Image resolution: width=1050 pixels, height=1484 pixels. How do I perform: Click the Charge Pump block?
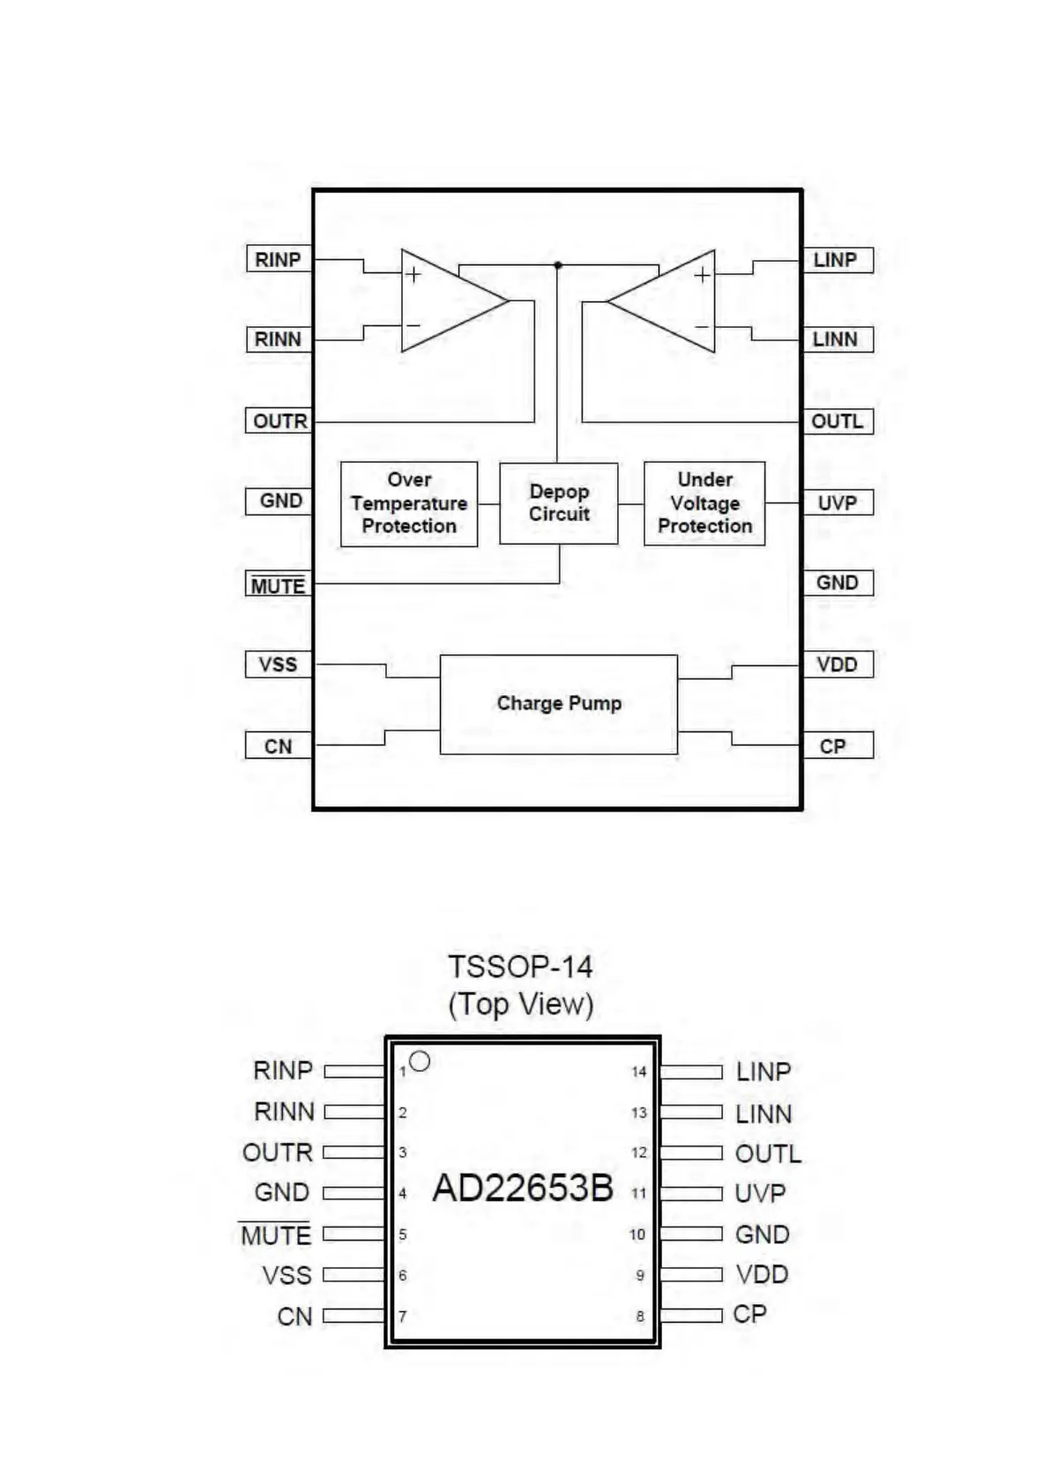(558, 704)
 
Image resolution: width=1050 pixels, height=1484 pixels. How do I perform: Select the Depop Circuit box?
(558, 503)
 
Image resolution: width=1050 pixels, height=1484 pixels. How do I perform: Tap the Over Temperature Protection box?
(409, 503)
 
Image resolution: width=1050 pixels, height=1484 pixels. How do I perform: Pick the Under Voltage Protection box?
(704, 503)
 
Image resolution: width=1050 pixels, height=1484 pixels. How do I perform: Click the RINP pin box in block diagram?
(278, 260)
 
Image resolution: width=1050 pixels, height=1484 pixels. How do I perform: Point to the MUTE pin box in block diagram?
(278, 585)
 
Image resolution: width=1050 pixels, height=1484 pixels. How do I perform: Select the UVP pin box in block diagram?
(837, 503)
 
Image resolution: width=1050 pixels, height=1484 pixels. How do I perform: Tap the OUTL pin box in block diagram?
(837, 421)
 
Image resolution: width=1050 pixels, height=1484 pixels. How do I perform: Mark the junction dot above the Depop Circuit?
(558, 264)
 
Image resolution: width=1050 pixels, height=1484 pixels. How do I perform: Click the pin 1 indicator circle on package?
(420, 1062)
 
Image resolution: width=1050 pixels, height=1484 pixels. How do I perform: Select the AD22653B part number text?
(523, 1189)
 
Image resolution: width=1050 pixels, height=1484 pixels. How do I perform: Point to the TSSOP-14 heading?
(520, 967)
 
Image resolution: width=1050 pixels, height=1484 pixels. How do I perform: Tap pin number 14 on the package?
(639, 1072)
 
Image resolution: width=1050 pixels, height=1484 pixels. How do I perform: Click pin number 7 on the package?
(403, 1317)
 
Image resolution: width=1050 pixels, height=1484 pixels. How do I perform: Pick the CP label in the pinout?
(750, 1314)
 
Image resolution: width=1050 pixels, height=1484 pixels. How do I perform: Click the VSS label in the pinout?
(287, 1275)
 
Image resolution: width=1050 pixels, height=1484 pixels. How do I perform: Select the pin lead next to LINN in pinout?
(691, 1113)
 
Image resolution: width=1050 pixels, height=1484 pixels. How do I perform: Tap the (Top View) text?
(520, 1005)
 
